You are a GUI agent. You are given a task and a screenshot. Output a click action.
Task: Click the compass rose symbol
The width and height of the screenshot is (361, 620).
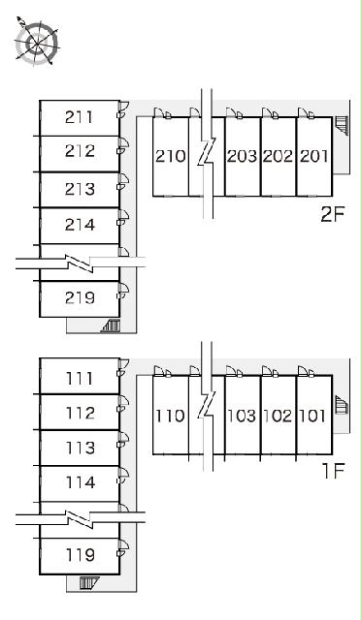(37, 42)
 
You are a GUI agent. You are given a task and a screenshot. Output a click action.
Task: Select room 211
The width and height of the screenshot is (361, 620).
(80, 118)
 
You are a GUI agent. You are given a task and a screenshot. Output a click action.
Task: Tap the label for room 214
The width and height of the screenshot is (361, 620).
(80, 225)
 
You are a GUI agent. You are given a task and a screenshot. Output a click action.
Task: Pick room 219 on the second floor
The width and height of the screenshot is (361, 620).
(80, 298)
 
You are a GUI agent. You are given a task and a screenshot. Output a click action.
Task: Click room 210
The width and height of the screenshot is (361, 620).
(171, 156)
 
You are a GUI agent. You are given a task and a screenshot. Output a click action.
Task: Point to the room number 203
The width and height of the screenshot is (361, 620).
(242, 156)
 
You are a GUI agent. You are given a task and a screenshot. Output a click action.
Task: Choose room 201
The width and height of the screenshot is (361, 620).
(314, 156)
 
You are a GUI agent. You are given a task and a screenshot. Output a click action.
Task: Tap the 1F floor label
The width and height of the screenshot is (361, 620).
(333, 471)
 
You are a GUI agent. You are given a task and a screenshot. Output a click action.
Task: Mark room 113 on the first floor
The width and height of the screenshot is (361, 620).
(80, 448)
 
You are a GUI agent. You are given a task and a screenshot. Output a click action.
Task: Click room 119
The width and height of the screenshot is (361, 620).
(80, 556)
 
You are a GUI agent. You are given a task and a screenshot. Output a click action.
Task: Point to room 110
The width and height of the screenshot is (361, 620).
(171, 416)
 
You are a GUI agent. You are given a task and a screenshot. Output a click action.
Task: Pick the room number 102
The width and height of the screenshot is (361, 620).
(278, 416)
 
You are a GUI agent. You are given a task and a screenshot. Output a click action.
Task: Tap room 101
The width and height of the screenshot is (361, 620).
(314, 416)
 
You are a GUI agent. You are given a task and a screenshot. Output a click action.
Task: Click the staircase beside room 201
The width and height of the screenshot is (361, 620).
(342, 126)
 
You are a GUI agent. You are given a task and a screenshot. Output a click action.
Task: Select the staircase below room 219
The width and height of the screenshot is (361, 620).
(111, 325)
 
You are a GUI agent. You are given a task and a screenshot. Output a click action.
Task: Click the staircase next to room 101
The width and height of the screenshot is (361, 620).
(342, 405)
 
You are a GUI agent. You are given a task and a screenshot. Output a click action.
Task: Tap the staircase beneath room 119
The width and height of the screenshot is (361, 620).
(88, 583)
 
